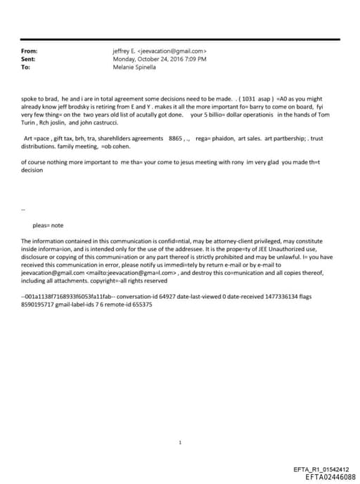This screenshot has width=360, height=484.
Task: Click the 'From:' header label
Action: coord(29,51)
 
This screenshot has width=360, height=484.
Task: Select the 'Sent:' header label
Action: coord(29,59)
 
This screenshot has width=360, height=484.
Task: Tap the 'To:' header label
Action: coord(26,68)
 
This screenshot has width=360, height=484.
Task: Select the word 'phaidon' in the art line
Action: coord(227,139)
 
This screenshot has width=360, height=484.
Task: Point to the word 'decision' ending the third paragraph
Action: coord(32,170)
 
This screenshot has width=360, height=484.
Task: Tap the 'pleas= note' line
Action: coord(48,225)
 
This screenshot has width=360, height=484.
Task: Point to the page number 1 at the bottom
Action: coord(181,423)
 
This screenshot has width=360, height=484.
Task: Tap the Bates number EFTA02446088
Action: coord(330,476)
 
